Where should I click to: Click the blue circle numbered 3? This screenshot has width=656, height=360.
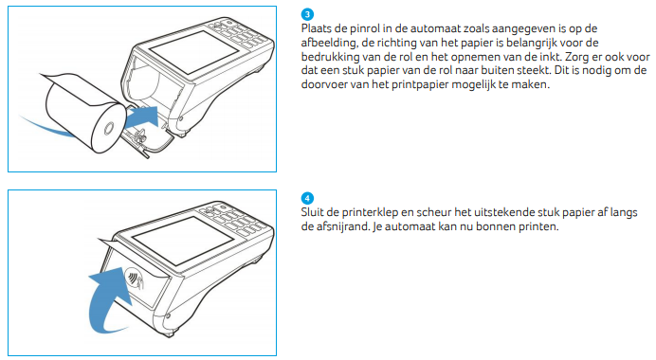307,14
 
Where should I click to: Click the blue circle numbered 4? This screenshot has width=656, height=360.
307,198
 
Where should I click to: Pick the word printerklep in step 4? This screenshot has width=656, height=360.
370,213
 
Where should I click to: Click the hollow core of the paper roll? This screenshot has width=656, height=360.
109,127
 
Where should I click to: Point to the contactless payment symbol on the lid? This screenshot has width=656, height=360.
135,278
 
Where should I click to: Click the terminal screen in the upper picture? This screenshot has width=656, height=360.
193,52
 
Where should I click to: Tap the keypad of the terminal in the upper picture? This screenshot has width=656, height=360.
238,32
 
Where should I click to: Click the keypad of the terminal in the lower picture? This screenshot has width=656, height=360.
234,218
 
